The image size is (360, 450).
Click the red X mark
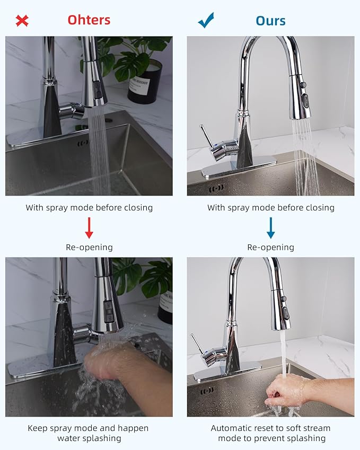click(22, 21)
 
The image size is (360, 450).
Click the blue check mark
click(206, 21)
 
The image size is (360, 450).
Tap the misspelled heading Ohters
click(89, 20)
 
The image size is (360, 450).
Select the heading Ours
click(270, 21)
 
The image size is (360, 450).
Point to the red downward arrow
click(89, 227)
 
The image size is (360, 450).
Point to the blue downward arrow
click(271, 227)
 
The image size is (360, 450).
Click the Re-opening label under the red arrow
click(89, 247)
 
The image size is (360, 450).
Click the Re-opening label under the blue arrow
click(270, 247)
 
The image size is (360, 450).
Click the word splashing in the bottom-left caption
click(102, 438)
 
